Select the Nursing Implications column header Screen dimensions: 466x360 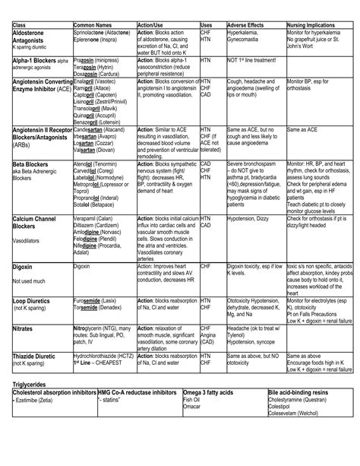[x=310, y=25]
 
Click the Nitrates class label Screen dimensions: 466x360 [x=24, y=328]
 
